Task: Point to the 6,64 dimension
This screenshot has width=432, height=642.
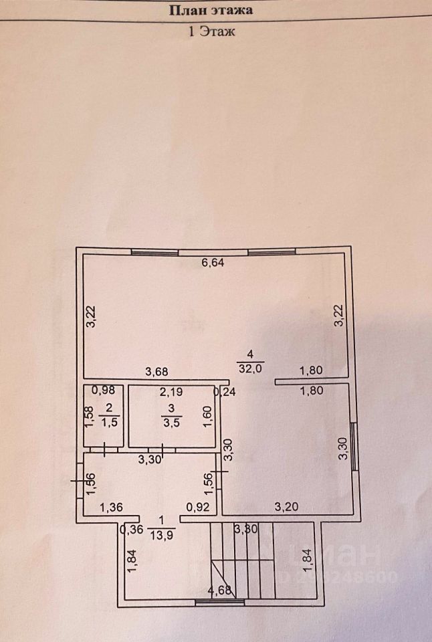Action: click(x=213, y=263)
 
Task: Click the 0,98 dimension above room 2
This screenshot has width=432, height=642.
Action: click(x=104, y=391)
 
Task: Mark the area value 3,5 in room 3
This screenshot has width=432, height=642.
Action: click(x=171, y=422)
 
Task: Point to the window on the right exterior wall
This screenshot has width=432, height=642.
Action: click(x=352, y=447)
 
